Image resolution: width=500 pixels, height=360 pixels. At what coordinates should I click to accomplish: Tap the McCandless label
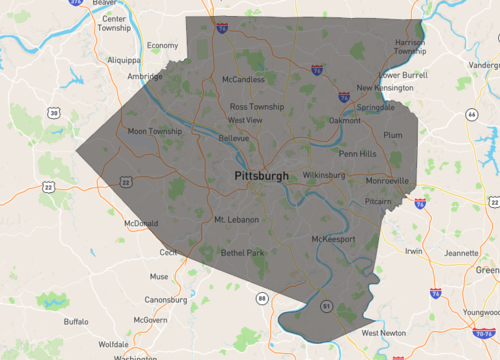point(243,79)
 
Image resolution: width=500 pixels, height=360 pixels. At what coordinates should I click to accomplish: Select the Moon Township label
point(155,131)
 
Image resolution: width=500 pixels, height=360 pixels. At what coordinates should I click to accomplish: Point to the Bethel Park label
point(242,253)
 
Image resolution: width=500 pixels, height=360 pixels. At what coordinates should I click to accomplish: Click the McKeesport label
point(334,240)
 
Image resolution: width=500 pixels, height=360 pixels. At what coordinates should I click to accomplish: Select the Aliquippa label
point(125,59)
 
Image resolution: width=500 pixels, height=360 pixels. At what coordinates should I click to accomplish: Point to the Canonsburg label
point(166,299)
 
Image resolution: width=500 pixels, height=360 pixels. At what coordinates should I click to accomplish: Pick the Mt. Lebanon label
point(236,219)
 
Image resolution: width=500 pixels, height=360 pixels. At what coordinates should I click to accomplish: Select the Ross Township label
point(257,106)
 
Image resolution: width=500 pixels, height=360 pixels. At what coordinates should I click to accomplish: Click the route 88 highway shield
point(262,298)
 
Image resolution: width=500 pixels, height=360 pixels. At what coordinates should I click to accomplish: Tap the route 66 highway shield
point(470,114)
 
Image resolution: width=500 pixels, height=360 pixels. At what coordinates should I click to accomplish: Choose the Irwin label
point(412,251)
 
